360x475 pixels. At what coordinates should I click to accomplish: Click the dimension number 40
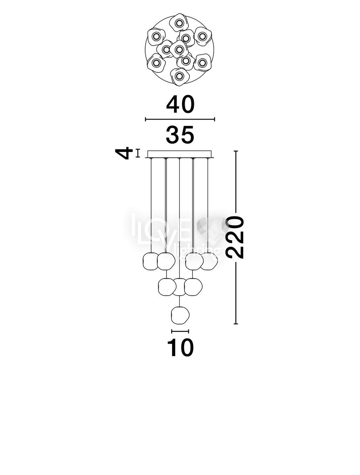tap(180, 104)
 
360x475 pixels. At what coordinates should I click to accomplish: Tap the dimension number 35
tap(180, 135)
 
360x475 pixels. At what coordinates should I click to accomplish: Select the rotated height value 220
tap(235, 238)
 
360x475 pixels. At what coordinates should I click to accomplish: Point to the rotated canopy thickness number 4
tap(124, 153)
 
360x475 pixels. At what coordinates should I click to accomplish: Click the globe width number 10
tap(180, 347)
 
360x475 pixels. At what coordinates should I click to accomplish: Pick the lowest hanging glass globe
tap(180, 315)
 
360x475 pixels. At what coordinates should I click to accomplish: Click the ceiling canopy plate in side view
tap(180, 154)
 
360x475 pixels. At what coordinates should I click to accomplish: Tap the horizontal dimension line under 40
tap(180, 119)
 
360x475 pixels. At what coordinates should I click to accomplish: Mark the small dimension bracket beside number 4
tap(138, 153)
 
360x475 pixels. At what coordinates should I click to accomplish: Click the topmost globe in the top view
tap(179, 23)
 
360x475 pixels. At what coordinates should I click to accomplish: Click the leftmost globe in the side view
tap(151, 261)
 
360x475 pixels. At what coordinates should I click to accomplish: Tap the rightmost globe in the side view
tap(209, 261)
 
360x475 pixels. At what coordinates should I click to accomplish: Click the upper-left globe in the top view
tap(156, 36)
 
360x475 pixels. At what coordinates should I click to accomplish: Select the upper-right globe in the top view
tap(202, 36)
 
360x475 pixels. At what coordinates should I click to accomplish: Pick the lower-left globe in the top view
tap(156, 63)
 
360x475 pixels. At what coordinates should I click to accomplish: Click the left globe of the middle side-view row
tap(167, 287)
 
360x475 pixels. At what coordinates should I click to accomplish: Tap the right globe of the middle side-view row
tap(193, 287)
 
